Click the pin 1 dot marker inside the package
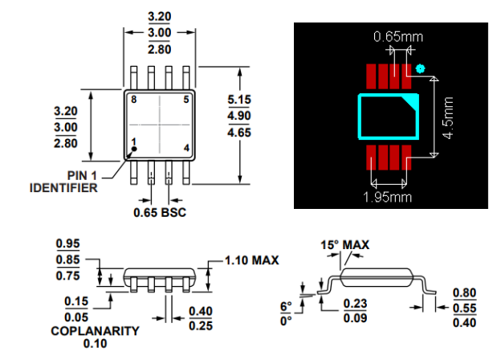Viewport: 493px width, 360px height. coord(135,149)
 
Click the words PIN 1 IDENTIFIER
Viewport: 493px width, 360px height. coord(63,182)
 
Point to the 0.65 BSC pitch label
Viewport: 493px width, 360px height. coord(160,213)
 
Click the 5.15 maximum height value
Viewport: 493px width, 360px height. coord(240,99)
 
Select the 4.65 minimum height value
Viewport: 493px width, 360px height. coord(240,131)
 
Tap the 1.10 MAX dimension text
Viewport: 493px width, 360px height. coord(249,261)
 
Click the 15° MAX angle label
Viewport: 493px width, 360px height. coord(346,244)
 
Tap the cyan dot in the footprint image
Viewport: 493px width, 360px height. coord(419,69)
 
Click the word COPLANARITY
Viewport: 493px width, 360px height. coord(95,330)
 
